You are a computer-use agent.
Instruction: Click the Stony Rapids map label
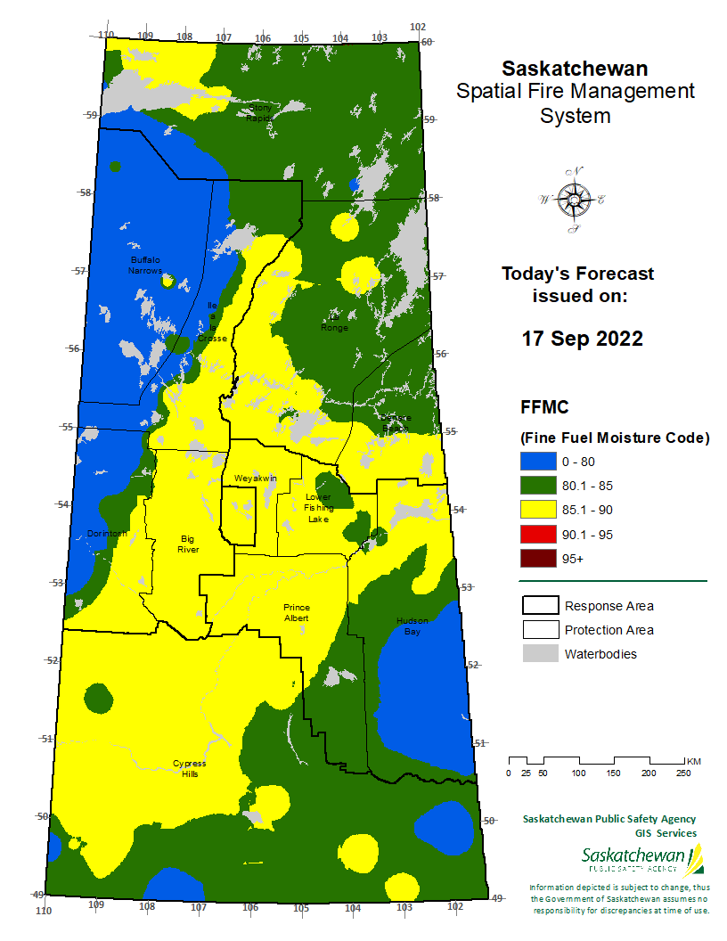pos(259,112)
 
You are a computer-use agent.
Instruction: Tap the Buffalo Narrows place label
pos(145,265)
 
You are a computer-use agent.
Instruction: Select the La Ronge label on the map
pos(335,322)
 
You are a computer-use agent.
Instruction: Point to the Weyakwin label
pos(256,479)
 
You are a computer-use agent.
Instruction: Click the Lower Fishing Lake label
pos(318,508)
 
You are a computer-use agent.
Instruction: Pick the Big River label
pos(188,544)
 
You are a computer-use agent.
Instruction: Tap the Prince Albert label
pos(297,612)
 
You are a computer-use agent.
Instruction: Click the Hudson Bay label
pos(413,626)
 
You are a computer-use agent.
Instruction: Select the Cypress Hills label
pos(189,769)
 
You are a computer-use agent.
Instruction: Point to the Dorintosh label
pos(108,534)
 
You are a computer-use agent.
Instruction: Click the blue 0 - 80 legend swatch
pos(537,462)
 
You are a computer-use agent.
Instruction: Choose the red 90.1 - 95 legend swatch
pos(537,535)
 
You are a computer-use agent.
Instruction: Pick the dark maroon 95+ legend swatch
pos(537,559)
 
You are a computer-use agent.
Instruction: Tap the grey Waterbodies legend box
pos(539,654)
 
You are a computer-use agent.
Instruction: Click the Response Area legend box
pos(539,606)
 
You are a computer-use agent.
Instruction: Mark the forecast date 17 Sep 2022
pos(582,340)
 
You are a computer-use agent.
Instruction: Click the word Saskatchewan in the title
pos(575,69)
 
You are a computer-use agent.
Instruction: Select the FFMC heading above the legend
pos(544,407)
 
